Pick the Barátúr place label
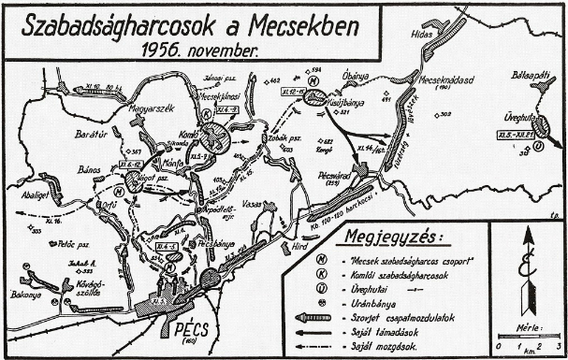coord(94,136)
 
